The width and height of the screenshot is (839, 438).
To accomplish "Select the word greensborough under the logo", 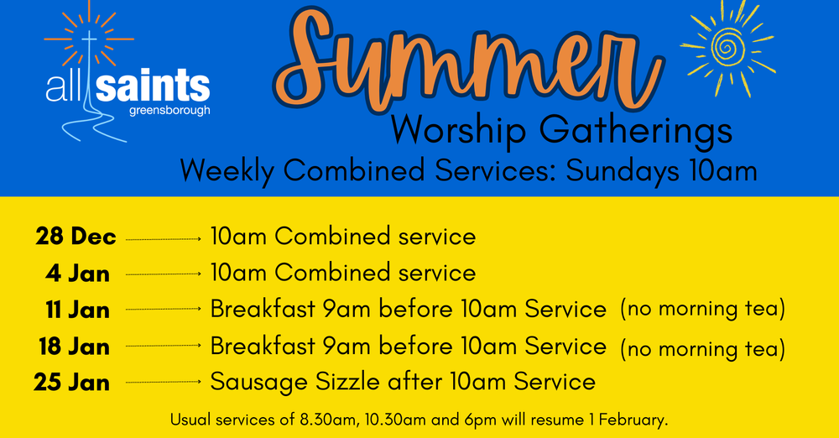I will pos(170,110).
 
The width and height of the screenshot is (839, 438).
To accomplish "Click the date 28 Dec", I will pos(76,237).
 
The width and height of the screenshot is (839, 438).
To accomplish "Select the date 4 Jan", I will pos(78,274).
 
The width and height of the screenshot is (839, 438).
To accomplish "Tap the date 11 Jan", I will pos(77,310).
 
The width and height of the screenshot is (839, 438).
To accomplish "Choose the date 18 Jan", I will pos(75,347).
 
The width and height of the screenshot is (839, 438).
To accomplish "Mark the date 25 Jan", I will pos(72,383).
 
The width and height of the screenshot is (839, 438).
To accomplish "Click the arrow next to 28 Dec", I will pos(164,239).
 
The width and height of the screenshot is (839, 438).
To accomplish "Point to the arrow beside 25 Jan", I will pos(164,383).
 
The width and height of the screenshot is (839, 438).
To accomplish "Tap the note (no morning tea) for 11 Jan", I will pos(702,309).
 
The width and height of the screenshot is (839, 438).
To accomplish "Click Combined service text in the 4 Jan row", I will pos(375,273).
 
